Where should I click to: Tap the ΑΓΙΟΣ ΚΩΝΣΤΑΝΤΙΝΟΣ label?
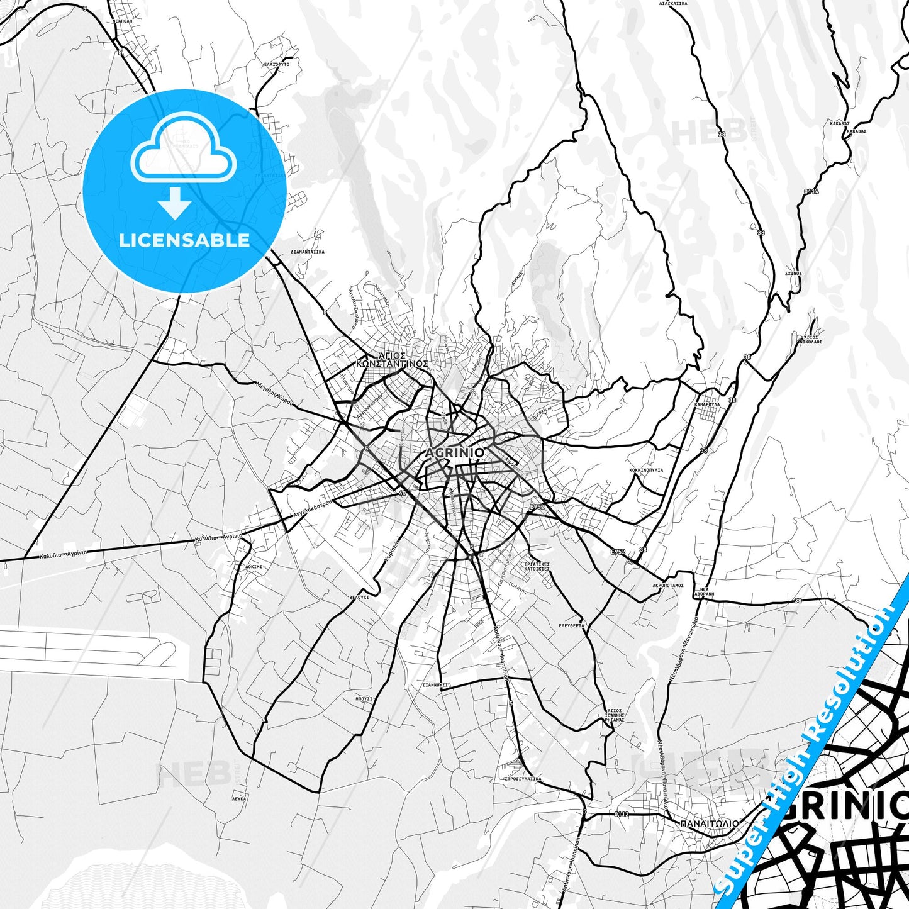392,359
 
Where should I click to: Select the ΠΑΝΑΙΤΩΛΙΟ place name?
709,823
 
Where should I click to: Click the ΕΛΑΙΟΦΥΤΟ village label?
277,64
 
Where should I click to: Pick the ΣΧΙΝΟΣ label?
793,274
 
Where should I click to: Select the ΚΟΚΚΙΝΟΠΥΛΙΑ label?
646,470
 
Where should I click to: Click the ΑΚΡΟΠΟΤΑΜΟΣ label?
667,585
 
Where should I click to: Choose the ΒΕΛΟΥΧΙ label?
359,596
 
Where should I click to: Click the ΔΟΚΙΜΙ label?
254,566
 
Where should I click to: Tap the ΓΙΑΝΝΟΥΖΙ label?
435,684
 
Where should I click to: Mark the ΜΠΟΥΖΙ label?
364,698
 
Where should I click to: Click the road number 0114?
811,191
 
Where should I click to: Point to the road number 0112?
621,815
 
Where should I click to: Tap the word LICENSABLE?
184,240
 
